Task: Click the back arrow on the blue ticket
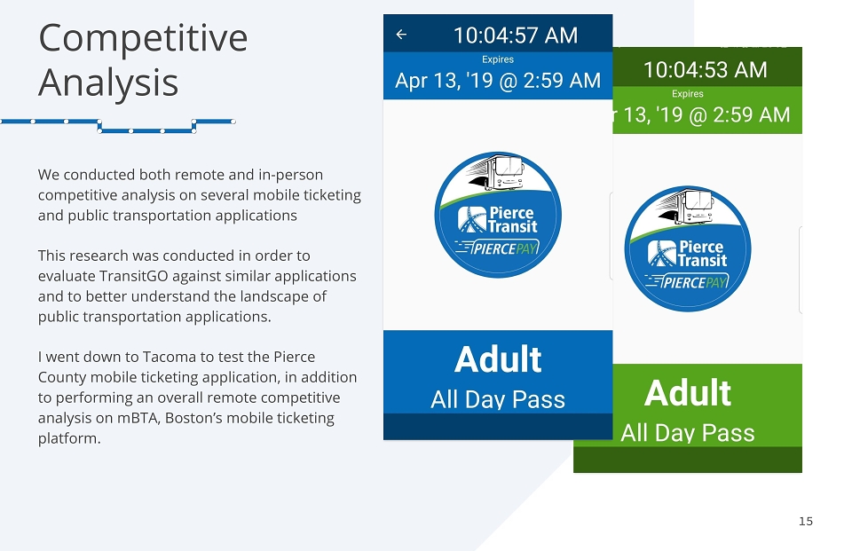pos(401,35)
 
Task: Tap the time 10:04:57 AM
pos(515,35)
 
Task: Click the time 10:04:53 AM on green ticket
pos(706,69)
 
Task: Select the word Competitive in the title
pos(143,38)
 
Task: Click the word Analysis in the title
pos(108,83)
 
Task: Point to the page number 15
pos(806,521)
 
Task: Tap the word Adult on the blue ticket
pos(498,359)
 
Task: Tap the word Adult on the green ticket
pos(687,393)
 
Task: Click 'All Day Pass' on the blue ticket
pos(498,399)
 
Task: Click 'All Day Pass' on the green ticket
pos(687,433)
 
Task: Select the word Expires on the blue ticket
pos(498,59)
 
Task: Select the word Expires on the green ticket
pos(687,93)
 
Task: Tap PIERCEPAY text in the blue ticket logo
pos(504,248)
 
